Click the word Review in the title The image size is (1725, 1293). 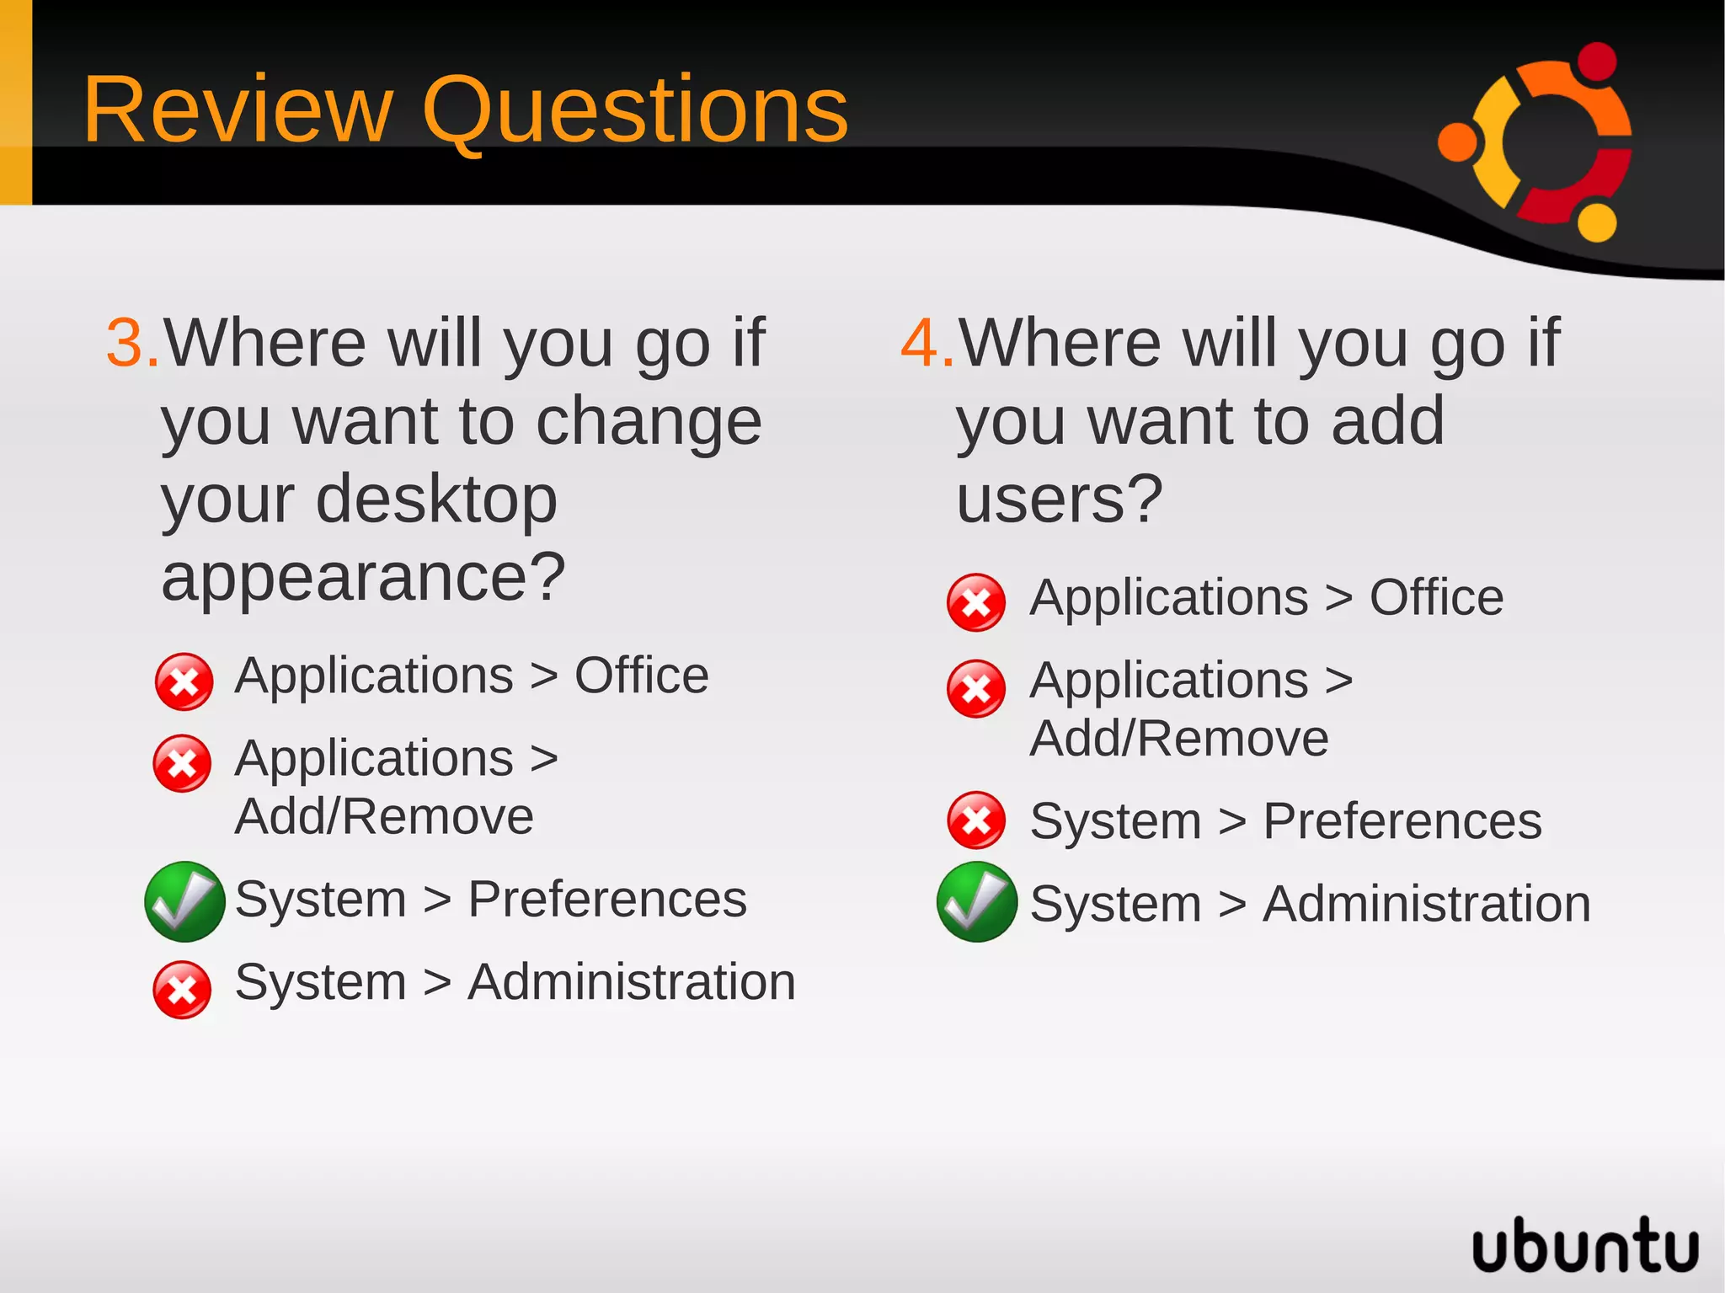pyautogui.click(x=238, y=110)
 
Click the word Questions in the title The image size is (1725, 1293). pyautogui.click(x=634, y=110)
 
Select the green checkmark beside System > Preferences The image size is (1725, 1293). pyautogui.click(x=184, y=901)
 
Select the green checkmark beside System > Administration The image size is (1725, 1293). pyautogui.click(x=976, y=902)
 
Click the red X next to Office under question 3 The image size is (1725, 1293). pyautogui.click(x=184, y=681)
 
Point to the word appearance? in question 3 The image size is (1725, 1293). pyautogui.click(x=363, y=579)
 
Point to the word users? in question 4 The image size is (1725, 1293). pyautogui.click(x=1059, y=500)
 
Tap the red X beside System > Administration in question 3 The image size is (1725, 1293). pyautogui.click(x=182, y=990)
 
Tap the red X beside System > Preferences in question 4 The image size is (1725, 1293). pyautogui.click(x=975, y=820)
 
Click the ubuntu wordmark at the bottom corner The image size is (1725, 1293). pyautogui.click(x=1584, y=1245)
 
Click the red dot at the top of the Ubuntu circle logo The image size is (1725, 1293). pyautogui.click(x=1595, y=61)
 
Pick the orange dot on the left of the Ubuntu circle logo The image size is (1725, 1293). pyautogui.click(x=1457, y=141)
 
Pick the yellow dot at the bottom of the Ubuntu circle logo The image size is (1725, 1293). pyautogui.click(x=1596, y=222)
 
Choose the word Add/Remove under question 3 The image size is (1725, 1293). pyautogui.click(x=384, y=816)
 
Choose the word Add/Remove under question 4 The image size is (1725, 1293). pyautogui.click(x=1178, y=739)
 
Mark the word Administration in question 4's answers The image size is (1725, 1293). pyautogui.click(x=1426, y=904)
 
